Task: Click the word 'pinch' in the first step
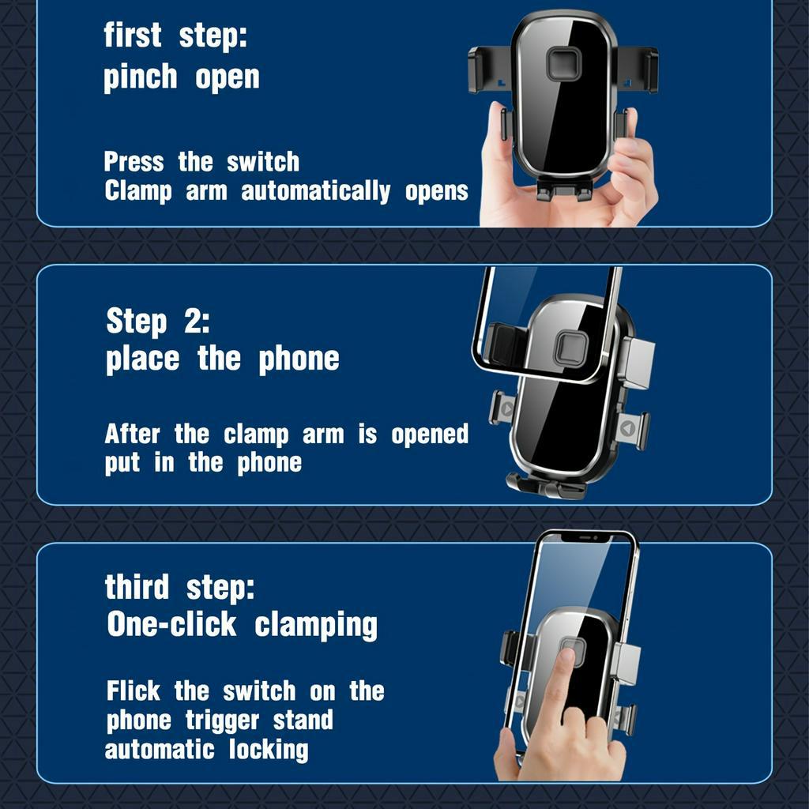[141, 78]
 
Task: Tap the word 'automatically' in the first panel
[316, 191]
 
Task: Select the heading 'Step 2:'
[158, 322]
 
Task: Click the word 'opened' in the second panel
[430, 435]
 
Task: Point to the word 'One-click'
[171, 624]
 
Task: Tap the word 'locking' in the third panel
[269, 751]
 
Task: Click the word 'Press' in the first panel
[134, 162]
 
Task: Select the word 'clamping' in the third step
[316, 626]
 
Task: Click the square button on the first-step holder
[563, 64]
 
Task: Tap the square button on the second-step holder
[571, 346]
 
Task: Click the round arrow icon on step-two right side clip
[627, 428]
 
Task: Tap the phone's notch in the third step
[586, 537]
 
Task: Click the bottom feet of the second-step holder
[546, 486]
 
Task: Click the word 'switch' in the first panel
[263, 162]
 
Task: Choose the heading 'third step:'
[179, 588]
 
